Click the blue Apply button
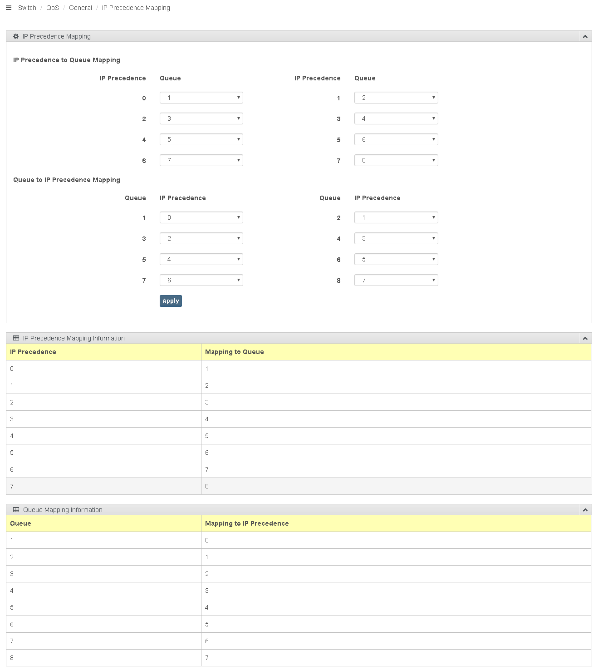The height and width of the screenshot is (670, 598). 171,301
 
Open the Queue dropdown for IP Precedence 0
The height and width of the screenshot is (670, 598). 201,98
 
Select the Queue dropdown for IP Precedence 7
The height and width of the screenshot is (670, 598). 396,160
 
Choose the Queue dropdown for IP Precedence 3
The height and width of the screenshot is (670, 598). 396,118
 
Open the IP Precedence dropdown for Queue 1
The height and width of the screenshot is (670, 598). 201,217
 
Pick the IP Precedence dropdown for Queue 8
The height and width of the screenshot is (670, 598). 396,280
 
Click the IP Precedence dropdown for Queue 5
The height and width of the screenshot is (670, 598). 201,259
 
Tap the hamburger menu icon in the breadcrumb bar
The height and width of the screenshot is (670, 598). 8,8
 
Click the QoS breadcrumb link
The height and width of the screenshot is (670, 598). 53,8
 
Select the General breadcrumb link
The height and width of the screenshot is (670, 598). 80,8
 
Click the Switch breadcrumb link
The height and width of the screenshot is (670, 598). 27,8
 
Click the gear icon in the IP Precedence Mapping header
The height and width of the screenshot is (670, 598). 16,36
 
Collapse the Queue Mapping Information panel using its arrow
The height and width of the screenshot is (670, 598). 585,510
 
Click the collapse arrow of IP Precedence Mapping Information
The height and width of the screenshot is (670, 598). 585,338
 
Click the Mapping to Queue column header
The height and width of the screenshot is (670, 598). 234,352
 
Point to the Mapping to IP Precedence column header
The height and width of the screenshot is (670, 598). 247,523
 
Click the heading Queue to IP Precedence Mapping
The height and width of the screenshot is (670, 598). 67,180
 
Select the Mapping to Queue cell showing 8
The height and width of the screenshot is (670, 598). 207,486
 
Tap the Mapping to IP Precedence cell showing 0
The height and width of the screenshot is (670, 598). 207,540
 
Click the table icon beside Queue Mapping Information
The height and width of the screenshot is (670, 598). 16,510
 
